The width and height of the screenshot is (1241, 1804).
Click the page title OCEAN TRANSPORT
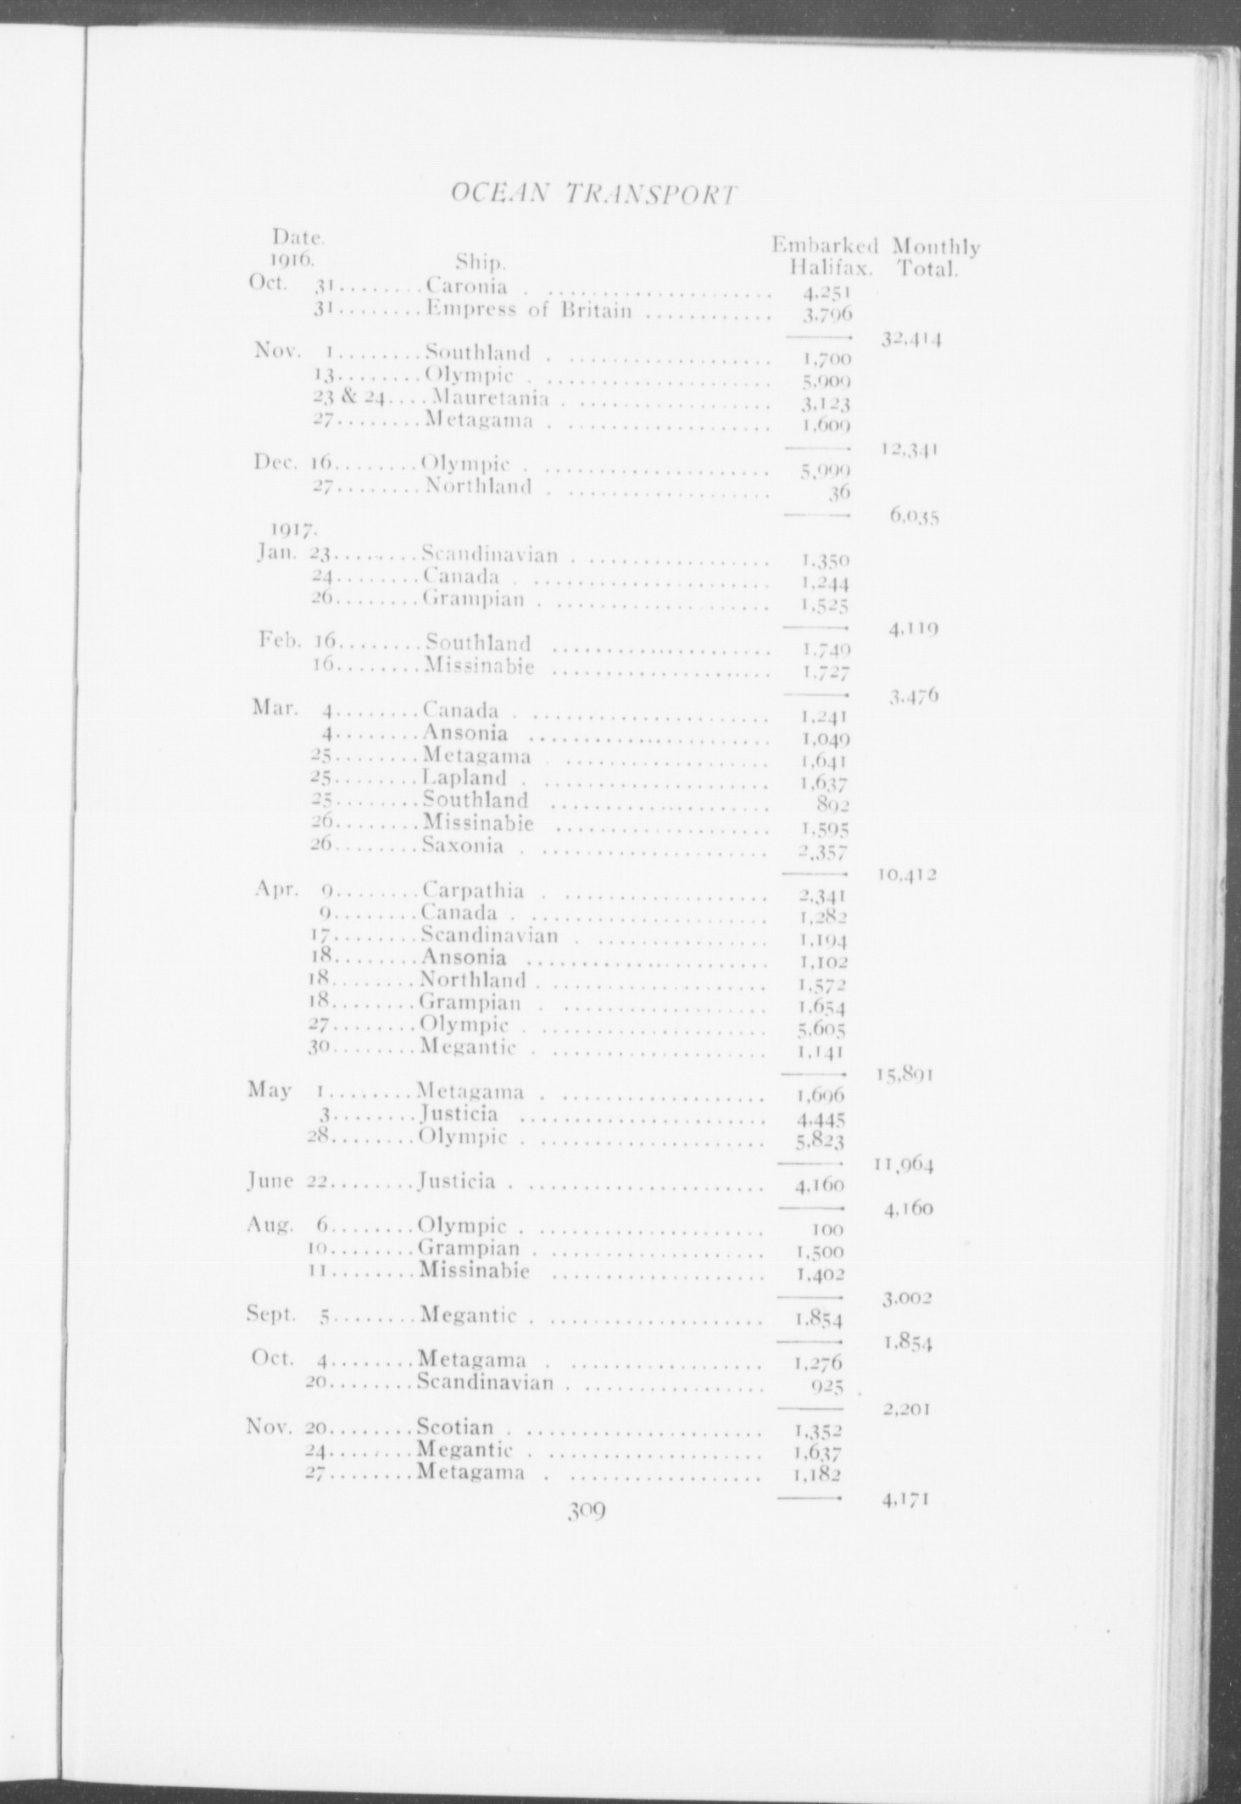(591, 194)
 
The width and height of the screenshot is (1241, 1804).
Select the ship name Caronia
(467, 286)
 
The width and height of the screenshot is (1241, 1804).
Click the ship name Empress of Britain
(529, 309)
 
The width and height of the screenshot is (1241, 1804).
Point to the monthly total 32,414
(912, 340)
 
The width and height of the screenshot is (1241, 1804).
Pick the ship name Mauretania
(490, 397)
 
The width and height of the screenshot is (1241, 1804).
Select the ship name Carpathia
(473, 890)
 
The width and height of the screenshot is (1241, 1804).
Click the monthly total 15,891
(905, 1075)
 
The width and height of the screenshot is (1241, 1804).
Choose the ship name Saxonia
(464, 845)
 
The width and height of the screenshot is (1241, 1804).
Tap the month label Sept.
(270, 1315)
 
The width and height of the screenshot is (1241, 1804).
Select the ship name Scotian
(456, 1427)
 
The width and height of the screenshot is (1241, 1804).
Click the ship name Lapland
(465, 777)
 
